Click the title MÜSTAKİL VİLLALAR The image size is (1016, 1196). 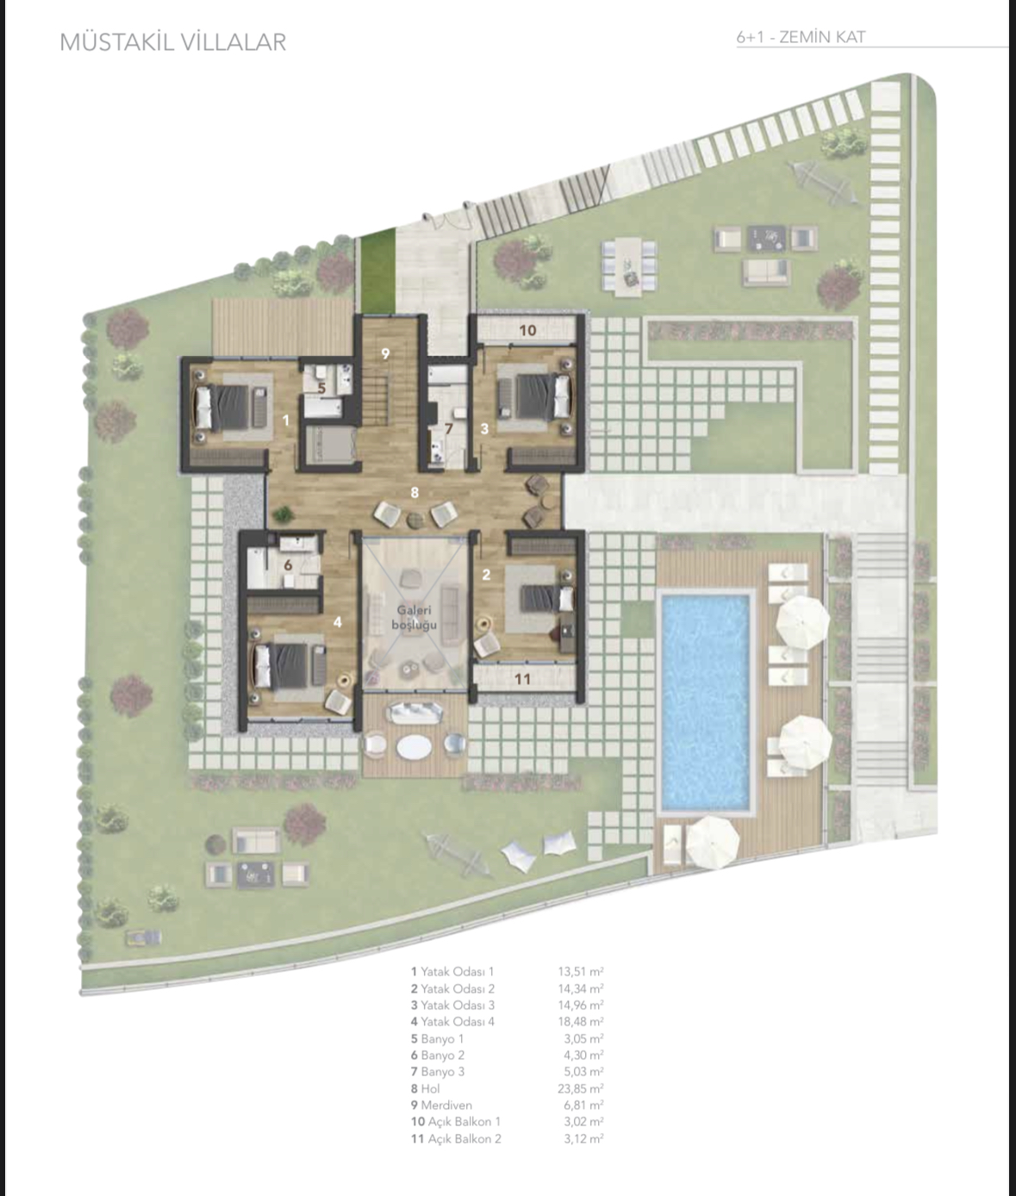pyautogui.click(x=172, y=42)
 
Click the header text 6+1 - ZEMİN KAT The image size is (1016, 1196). pyautogui.click(x=801, y=37)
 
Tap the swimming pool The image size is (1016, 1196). pyautogui.click(x=704, y=701)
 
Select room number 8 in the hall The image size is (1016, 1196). pyautogui.click(x=415, y=492)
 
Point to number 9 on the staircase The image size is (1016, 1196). pyautogui.click(x=386, y=353)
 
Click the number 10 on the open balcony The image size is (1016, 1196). pyautogui.click(x=527, y=330)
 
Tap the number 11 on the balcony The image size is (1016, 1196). pyautogui.click(x=522, y=679)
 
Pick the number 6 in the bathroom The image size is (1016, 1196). pyautogui.click(x=288, y=565)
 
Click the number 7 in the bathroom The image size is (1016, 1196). pyautogui.click(x=448, y=429)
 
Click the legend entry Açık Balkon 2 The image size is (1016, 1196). pyautogui.click(x=464, y=1138)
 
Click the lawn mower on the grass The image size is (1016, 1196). pyautogui.click(x=143, y=937)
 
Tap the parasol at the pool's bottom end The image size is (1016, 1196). pyautogui.click(x=712, y=841)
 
